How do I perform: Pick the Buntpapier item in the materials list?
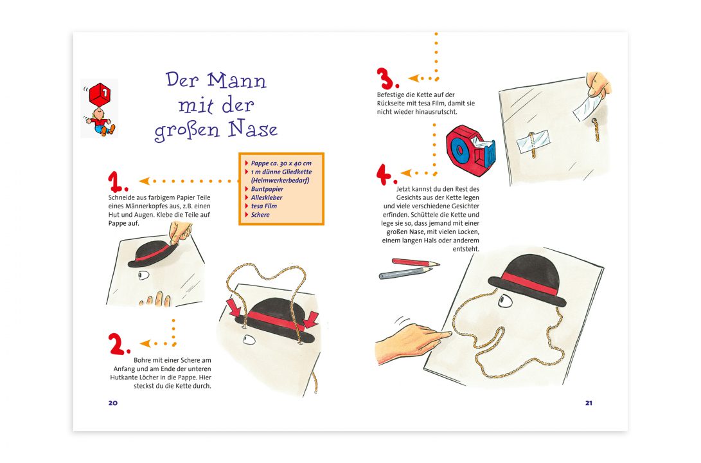267,189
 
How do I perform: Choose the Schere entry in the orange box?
260,215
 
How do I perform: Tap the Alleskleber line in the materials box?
267,197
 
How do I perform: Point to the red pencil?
415,262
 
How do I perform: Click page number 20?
113,403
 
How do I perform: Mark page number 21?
589,403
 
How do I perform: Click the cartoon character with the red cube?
100,109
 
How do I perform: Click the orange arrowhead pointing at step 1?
144,181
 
